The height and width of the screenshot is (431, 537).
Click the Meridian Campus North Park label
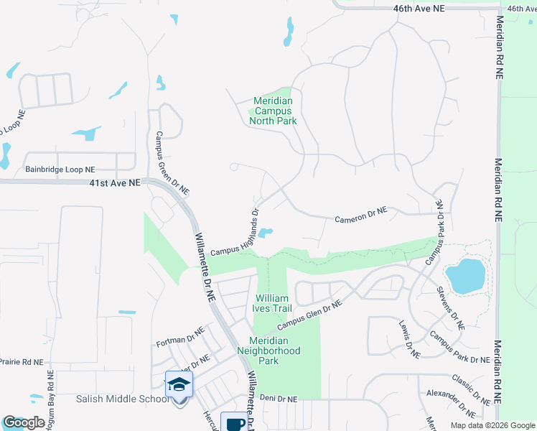[273, 111]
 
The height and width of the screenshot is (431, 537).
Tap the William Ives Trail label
[272, 303]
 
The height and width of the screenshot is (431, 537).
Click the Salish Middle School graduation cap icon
[179, 384]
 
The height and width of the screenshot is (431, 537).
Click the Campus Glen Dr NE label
[310, 315]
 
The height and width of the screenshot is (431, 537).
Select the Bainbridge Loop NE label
[60, 170]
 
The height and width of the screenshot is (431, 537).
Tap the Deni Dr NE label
[278, 398]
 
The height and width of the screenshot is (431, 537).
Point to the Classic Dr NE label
[470, 388]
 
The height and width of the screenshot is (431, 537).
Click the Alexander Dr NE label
[451, 403]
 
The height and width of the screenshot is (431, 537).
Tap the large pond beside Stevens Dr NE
[465, 276]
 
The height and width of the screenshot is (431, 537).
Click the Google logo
[24, 422]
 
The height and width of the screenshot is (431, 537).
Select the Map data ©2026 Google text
[492, 425]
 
